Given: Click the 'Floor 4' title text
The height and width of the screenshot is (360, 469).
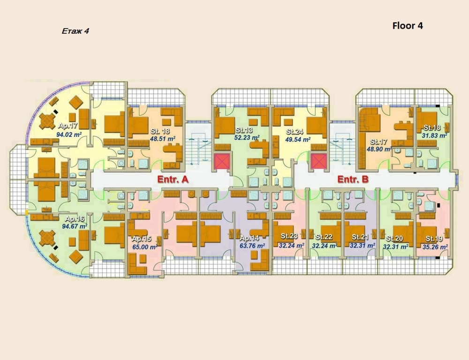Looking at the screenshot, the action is point(408,26).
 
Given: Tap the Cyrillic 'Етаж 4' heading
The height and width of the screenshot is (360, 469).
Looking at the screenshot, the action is point(75,31).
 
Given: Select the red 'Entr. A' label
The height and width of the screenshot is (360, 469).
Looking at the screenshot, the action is point(173,180).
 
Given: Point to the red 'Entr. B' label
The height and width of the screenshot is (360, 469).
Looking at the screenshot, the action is point(353,180).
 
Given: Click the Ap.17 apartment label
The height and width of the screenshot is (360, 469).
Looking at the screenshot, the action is point(68,126).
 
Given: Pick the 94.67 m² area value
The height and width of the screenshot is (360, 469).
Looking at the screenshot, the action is point(75,226).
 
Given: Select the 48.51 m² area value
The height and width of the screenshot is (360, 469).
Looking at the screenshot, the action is point(163,138).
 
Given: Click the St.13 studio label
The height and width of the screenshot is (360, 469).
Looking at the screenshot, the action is point(244,130).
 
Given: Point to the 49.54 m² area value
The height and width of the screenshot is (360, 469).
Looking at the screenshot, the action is point(298,139).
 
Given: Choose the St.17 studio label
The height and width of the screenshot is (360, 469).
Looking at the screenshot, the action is point(378,142).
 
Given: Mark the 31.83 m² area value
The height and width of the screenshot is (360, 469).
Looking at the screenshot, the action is point(435,135).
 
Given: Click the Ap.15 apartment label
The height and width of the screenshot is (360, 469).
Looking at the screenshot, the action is point(142,239).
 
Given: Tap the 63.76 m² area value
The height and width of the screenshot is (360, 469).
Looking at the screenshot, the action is point(252,246).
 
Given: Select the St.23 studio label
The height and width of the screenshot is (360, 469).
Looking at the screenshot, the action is point(289,236).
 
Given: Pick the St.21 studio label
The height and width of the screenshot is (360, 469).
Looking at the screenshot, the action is point(360,237).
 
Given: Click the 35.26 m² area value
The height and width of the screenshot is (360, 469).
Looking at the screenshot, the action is point(435,247).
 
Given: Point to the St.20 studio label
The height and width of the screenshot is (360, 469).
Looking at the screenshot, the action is point(394,239).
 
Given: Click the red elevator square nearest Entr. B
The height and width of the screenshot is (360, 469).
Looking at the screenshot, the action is point(318,161).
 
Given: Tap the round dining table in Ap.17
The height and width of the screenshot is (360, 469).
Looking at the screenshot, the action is point(47,121).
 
